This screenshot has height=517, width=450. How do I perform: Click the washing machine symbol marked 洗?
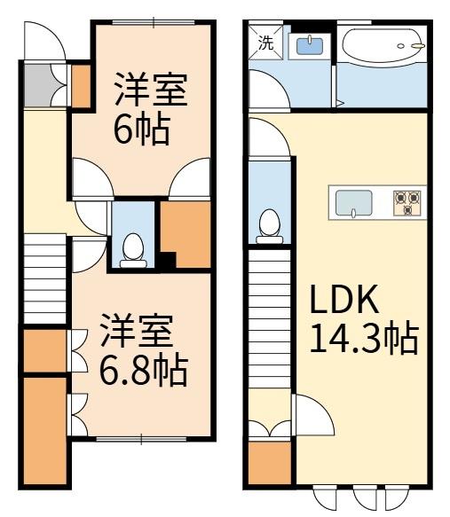tap(265, 42)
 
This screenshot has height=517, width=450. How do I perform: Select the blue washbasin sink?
tap(310, 46)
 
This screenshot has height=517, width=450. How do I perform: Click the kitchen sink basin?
tap(353, 203)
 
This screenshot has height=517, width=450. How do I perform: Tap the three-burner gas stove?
tap(407, 203)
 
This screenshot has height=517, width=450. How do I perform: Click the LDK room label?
tap(344, 300)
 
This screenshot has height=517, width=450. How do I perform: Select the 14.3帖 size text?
tap(365, 338)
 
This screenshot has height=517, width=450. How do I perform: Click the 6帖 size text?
tap(142, 129)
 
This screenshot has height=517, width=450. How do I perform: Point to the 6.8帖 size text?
tap(144, 369)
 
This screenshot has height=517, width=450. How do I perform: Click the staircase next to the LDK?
tap(270, 319)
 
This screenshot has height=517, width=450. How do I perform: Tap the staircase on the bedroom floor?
tap(45, 279)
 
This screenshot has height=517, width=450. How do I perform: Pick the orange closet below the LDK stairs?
tap(270, 463)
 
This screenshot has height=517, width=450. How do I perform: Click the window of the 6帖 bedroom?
tap(154, 22)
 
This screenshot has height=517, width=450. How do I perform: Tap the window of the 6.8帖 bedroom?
tap(141, 439)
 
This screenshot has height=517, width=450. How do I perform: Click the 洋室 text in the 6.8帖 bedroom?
tap(137, 331)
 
